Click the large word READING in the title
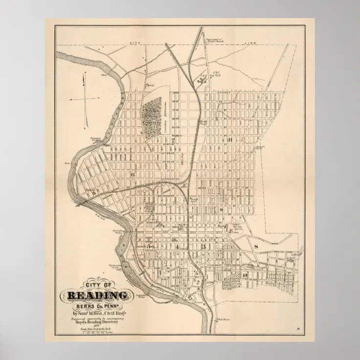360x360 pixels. tap(96, 295)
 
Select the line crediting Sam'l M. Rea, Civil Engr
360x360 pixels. tap(96, 313)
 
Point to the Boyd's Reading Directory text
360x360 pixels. tap(96, 322)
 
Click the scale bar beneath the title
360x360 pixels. tap(96, 335)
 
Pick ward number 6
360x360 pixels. tap(132, 174)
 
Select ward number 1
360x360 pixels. tap(159, 271)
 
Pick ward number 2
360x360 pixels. tap(197, 282)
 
